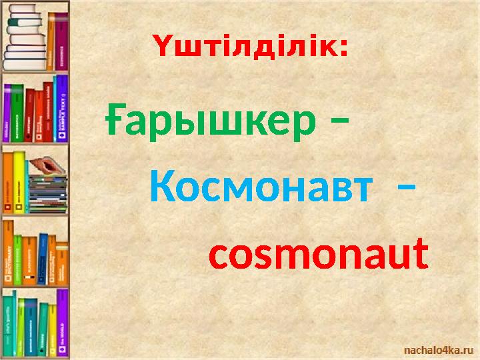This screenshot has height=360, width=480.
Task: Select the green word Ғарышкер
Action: point(211,122)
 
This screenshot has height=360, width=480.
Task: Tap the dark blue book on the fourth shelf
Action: point(43,257)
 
